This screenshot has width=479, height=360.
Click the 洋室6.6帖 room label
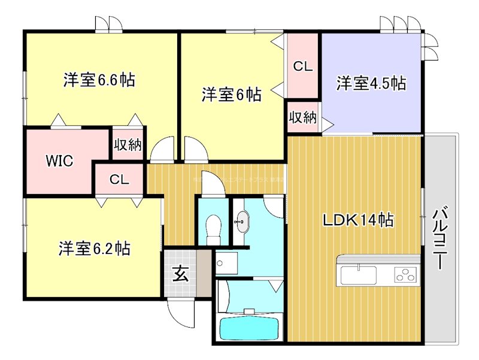pyautogui.click(x=99, y=80)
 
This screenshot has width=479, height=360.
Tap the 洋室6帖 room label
pyautogui.click(x=231, y=94)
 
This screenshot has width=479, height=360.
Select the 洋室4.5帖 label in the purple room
pyautogui.click(x=371, y=83)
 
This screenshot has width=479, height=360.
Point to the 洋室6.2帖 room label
pyautogui.click(x=95, y=247)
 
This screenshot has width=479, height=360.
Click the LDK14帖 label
pyautogui.click(x=358, y=220)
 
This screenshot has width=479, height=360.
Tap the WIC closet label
pyautogui.click(x=60, y=161)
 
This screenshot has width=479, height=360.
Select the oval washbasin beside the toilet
pyautogui.click(x=241, y=222)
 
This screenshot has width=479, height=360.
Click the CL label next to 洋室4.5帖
pyautogui.click(x=303, y=67)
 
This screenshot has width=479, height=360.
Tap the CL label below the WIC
pyautogui.click(x=119, y=179)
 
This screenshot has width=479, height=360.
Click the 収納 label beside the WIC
pyautogui.click(x=128, y=146)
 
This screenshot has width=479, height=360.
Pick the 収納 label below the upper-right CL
pyautogui.click(x=303, y=118)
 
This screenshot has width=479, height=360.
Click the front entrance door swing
pyautogui.click(x=181, y=311)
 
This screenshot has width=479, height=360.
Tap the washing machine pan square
pyautogui.click(x=227, y=262)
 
